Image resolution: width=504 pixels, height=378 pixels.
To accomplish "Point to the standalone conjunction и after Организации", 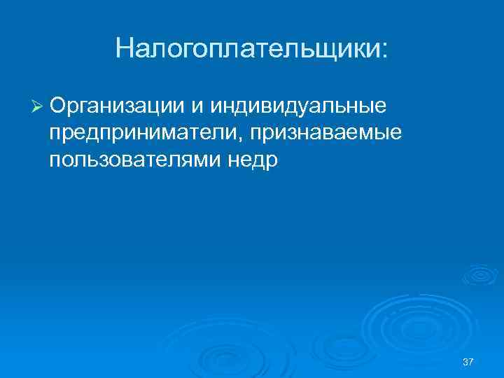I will click(x=197, y=106).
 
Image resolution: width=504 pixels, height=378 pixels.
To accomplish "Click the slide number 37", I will click(x=468, y=361).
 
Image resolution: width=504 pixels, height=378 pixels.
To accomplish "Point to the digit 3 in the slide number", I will click(x=465, y=361).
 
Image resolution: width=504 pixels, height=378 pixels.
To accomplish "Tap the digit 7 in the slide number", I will click(x=472, y=361).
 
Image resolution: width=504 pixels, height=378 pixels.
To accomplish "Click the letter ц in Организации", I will click(x=153, y=107).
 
